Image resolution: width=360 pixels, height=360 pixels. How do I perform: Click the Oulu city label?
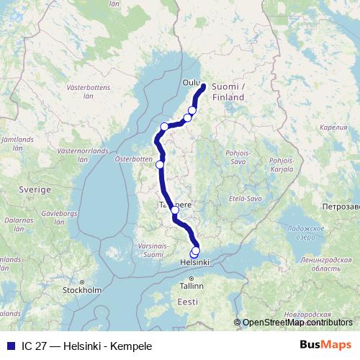tap(191, 82)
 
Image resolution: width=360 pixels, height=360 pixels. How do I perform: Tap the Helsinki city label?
tap(194, 264)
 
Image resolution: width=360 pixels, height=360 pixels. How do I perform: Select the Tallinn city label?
tap(192, 286)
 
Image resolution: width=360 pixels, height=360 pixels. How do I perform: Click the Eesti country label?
tap(188, 302)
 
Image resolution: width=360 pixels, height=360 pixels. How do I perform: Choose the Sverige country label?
tap(36, 189)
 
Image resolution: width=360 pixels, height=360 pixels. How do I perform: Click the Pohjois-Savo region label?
tap(238, 157)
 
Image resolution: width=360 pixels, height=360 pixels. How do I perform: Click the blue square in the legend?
tap(10, 346)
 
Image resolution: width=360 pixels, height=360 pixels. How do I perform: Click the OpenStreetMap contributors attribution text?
tap(297, 323)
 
